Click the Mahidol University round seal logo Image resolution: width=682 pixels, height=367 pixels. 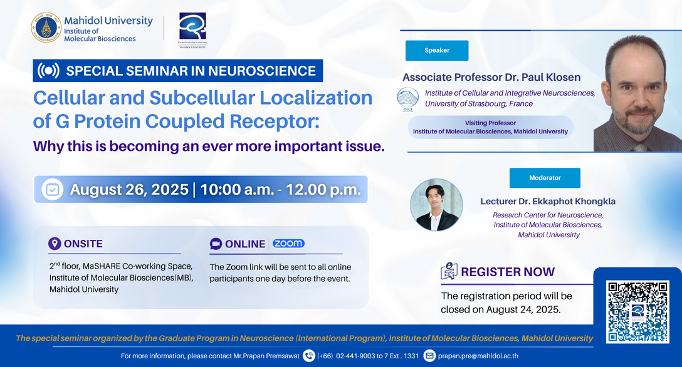pyautogui.click(x=46, y=28)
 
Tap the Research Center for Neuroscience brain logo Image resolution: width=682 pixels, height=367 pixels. pyautogui.click(x=192, y=27)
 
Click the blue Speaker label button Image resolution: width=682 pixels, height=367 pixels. pyautogui.click(x=437, y=50)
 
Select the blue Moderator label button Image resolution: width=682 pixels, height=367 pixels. pyautogui.click(x=545, y=178)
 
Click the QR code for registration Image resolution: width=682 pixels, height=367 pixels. pyautogui.click(x=637, y=312)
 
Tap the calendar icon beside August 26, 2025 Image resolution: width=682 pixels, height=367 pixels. pyautogui.click(x=53, y=190)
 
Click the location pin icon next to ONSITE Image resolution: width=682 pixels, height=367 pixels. pyautogui.click(x=55, y=244)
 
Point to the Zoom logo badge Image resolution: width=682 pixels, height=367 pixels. pyautogui.click(x=288, y=243)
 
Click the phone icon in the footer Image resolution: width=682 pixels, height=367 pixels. pyautogui.click(x=309, y=356)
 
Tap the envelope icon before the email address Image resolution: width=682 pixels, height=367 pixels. pyautogui.click(x=429, y=356)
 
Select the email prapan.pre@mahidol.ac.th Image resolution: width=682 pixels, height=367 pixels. pyautogui.click(x=478, y=356)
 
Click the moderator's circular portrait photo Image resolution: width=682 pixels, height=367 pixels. pyautogui.click(x=436, y=205)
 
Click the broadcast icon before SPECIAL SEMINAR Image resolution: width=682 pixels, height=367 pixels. pyautogui.click(x=48, y=70)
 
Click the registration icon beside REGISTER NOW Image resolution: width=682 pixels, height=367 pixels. pyautogui.click(x=449, y=271)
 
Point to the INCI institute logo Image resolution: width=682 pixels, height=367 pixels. pyautogui.click(x=407, y=99)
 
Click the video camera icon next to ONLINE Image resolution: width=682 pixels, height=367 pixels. pyautogui.click(x=216, y=244)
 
